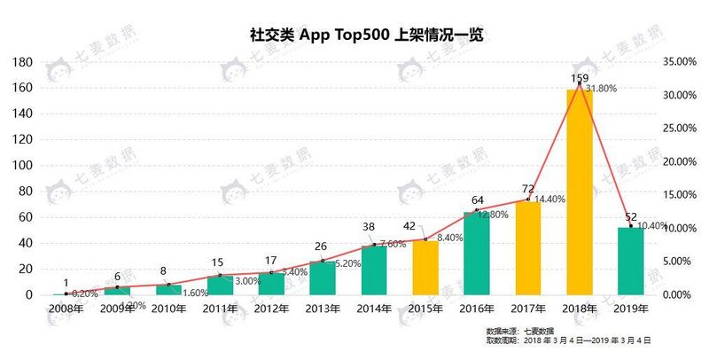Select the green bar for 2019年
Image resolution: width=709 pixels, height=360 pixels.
point(630,261)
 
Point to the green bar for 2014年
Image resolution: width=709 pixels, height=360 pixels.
point(374,270)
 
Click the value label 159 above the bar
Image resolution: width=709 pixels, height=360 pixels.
point(579,76)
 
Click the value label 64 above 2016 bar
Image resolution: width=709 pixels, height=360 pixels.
point(477,200)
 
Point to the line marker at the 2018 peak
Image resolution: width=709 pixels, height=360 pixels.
point(580,83)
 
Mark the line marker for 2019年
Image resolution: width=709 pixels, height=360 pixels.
point(631,226)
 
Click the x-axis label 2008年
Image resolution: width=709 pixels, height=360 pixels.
point(66,309)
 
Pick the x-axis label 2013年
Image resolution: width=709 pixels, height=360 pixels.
point(323,309)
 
